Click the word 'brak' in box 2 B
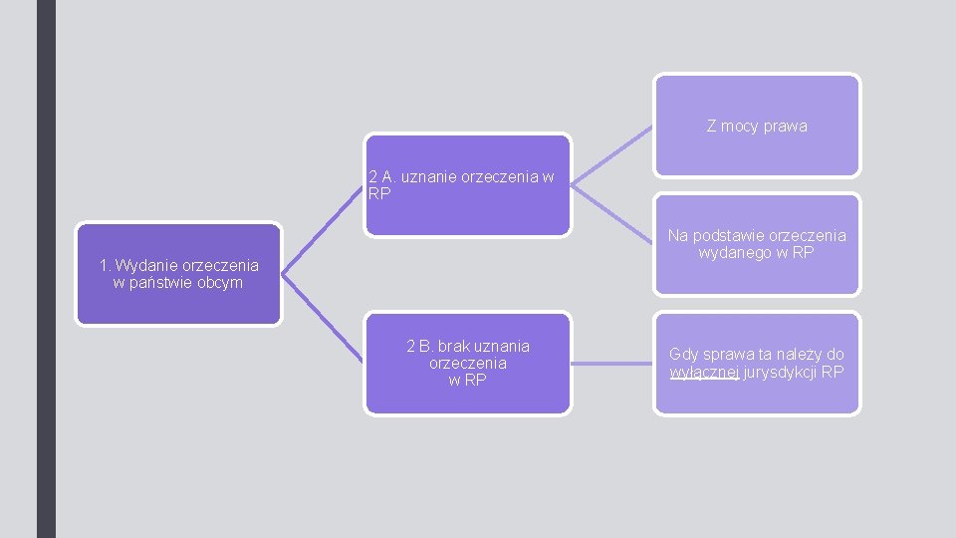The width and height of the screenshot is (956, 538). pyautogui.click(x=454, y=347)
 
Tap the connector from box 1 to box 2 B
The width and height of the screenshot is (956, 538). pyautogui.click(x=324, y=319)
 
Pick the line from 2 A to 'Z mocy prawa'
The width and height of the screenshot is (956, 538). pyautogui.click(x=612, y=154)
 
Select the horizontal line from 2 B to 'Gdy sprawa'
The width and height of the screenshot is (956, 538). pyautogui.click(x=612, y=364)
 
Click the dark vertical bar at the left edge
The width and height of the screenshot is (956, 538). pyautogui.click(x=46, y=269)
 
